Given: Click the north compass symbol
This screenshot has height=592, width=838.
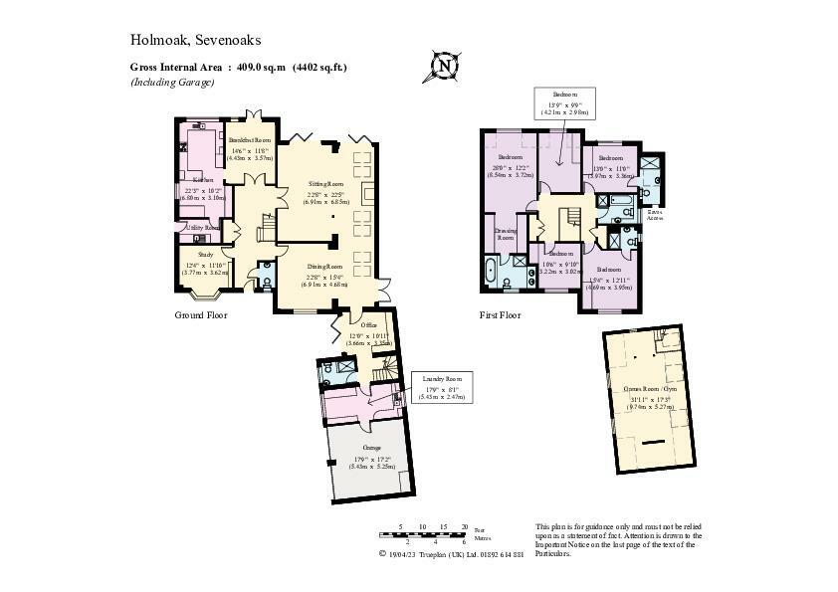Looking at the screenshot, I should pos(445,66).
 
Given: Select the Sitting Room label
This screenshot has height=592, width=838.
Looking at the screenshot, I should pos(324,185).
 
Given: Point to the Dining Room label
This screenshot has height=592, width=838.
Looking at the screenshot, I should pos(323,267).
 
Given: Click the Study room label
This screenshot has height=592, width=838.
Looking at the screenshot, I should pos(199,257).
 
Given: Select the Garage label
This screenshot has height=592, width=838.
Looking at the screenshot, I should pos(370,449).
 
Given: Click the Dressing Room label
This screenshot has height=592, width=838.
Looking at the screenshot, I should pos(506,235).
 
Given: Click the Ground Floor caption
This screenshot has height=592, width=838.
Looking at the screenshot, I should pos(201,315).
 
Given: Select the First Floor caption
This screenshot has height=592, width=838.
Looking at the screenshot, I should pos(502,315).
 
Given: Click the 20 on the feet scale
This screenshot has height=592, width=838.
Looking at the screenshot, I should pos(465,525).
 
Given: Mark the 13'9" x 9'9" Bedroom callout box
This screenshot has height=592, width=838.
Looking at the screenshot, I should pos(565,102).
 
